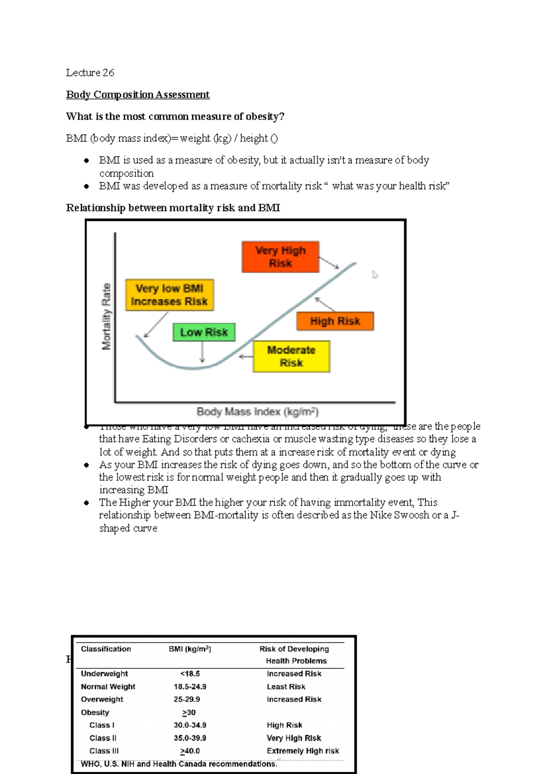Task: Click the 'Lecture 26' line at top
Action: coord(90,72)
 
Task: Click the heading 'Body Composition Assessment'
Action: coord(138,94)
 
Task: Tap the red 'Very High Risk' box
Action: coord(280,257)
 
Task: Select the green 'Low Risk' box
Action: coord(204,332)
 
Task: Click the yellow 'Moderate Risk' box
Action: coord(291,356)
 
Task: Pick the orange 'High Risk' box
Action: coord(335,321)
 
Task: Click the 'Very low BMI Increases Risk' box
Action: coord(169,295)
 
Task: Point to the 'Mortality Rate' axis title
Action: coord(106,316)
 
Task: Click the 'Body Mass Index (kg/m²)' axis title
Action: coord(258,412)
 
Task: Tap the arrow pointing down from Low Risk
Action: coord(202,352)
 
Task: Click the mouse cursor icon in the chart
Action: coord(375,274)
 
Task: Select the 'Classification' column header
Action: coord(106,649)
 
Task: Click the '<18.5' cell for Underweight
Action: coord(190,673)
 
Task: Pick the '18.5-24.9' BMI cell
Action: coord(190,686)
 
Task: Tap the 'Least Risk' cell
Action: coord(286,686)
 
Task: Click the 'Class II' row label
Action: coord(103,738)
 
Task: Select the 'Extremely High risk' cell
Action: coord(303,751)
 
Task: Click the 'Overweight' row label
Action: coord(102,699)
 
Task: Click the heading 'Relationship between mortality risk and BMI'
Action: coord(173,208)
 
